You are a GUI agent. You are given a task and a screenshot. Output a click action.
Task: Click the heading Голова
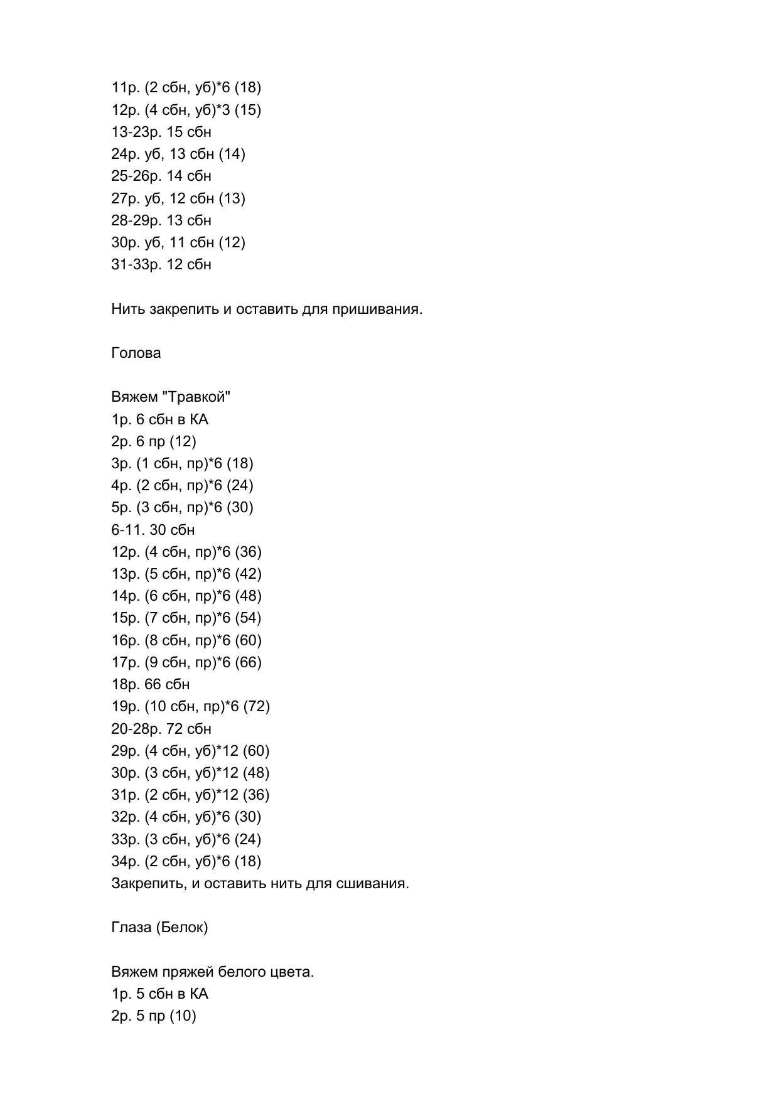136,353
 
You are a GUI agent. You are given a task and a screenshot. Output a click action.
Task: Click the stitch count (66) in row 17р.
248,662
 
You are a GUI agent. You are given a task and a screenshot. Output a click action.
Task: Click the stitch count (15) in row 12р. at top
247,110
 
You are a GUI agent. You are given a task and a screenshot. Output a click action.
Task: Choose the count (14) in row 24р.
232,154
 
